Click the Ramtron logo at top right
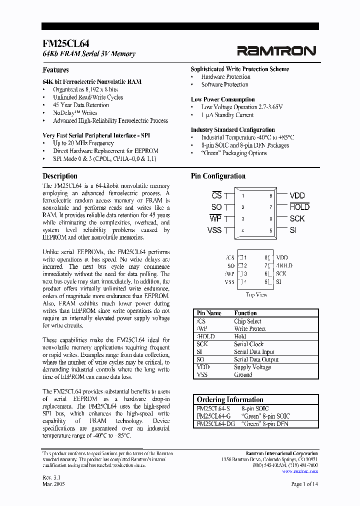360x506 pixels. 276,50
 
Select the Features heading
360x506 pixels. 55,70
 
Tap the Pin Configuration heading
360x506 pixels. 218,176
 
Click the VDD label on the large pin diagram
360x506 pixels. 297,196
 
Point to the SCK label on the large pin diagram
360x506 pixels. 297,219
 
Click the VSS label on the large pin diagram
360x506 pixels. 214,230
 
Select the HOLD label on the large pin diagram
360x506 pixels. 299,207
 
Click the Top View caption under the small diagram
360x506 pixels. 256,295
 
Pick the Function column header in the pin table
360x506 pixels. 245,313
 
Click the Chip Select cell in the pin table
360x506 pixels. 247,321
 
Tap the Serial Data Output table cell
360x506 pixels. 256,359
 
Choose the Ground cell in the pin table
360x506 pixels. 243,374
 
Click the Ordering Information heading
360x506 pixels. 230,399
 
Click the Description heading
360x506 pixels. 60,176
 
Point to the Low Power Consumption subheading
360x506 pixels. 222,99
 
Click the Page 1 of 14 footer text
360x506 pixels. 304,484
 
